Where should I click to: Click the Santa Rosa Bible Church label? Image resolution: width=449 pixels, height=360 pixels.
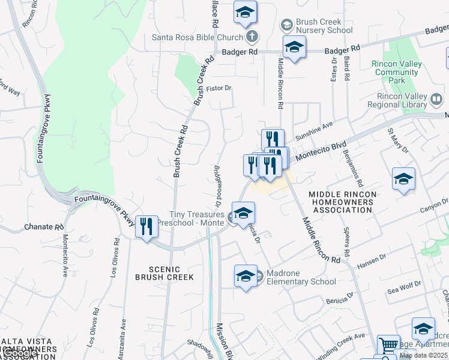coord(196,37)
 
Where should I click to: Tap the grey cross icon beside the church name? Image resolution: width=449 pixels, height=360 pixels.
coord(253,37)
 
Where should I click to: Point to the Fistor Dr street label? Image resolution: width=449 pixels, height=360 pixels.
coord(218,88)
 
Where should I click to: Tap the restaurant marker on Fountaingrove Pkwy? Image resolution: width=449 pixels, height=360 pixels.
coord(146,227)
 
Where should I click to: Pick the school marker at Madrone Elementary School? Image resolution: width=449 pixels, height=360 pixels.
coord(246,276)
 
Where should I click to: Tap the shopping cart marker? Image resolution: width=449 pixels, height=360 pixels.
coord(388,346)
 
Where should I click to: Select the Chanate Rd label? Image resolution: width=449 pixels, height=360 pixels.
coord(43,227)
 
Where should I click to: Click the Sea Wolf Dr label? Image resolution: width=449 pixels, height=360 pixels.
coord(401,290)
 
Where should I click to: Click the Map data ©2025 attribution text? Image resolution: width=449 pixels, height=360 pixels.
coord(423,355)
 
